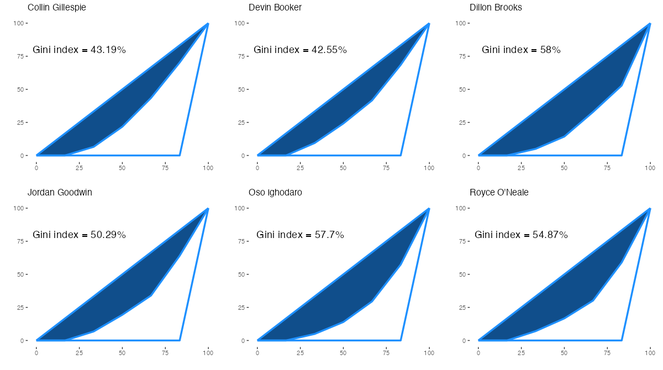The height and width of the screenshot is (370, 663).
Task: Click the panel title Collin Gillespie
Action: point(56,8)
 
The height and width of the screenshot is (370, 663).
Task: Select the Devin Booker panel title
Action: point(275,8)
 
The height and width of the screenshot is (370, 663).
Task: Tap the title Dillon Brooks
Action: point(496,8)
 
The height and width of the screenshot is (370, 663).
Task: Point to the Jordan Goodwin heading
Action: point(60,193)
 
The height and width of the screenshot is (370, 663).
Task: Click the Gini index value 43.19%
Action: point(108,50)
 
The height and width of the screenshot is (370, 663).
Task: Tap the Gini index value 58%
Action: point(550,50)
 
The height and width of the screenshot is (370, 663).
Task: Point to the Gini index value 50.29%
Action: point(108,235)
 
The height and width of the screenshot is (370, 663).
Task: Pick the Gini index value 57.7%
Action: point(329,235)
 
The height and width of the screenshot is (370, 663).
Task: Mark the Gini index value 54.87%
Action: point(550,235)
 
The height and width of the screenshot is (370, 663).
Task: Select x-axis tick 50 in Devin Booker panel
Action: point(343,167)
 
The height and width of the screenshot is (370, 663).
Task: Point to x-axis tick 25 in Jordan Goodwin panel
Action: point(80,352)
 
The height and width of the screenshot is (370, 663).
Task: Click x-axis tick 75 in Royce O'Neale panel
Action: point(607,352)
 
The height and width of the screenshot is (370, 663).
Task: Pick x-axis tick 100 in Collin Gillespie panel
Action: point(208,167)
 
